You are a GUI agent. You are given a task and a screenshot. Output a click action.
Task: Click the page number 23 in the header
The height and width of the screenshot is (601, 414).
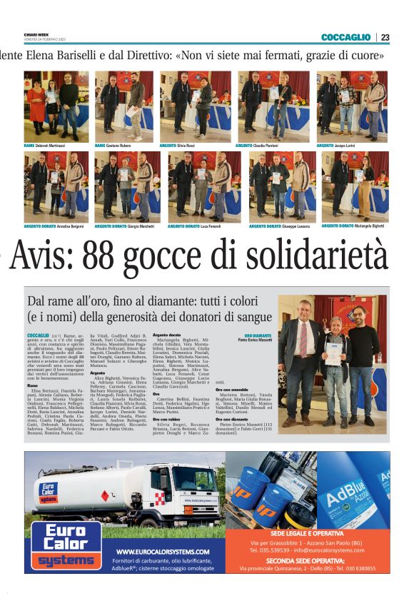pyautogui.click(x=385, y=37)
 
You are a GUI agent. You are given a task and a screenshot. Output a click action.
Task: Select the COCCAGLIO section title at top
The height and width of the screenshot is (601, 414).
pyautogui.click(x=345, y=37)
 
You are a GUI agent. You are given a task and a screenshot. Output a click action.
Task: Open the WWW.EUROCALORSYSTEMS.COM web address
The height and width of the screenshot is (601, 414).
pyautogui.click(x=163, y=552)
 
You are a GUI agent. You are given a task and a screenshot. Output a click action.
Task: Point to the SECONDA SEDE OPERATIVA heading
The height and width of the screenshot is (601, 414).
pyautogui.click(x=308, y=560)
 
